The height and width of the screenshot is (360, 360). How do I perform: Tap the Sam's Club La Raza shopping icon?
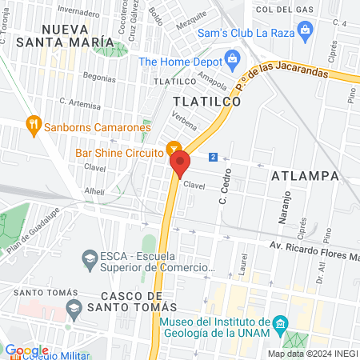304,30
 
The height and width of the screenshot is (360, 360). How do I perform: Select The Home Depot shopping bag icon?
233,58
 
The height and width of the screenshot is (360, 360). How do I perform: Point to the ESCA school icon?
88,258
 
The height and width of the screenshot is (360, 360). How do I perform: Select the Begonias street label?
88,79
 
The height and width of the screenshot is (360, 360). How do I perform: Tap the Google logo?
26,350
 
